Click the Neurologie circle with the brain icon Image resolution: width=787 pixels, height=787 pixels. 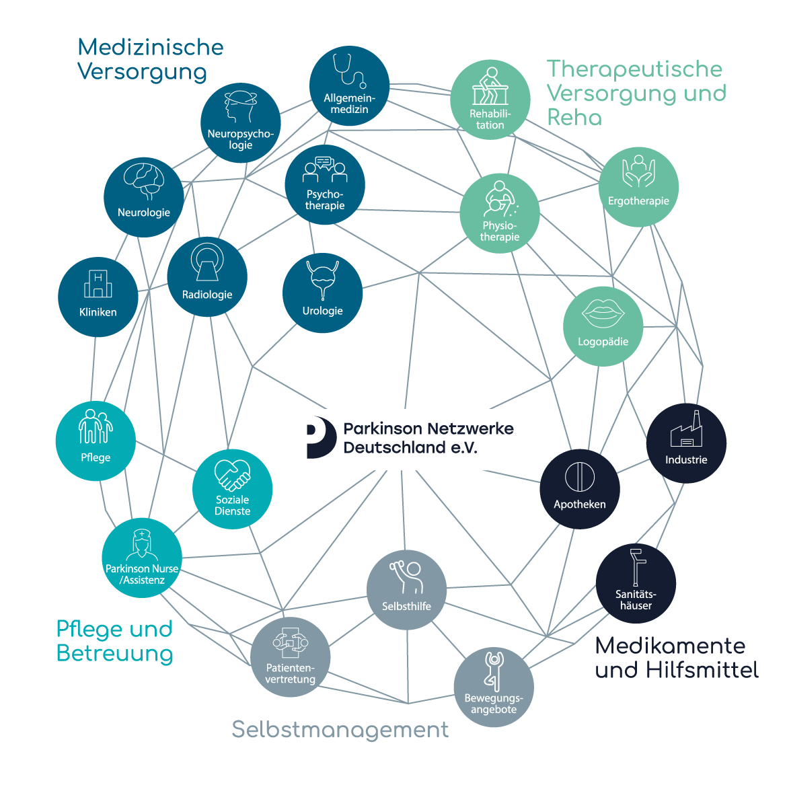click(143, 197)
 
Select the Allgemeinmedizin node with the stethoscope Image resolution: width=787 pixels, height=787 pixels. click(349, 85)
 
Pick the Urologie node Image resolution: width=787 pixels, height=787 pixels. click(323, 293)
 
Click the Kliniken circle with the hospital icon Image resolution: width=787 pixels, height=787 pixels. click(98, 296)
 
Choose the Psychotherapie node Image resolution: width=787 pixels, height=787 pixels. click(325, 184)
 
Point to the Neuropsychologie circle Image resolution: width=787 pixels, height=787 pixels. click(240, 123)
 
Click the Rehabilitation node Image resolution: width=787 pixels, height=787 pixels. click(490, 100)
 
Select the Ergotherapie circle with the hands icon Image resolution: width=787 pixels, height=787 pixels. click(638, 186)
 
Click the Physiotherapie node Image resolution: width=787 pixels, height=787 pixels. click(500, 213)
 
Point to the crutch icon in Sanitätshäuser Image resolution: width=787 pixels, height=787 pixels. click(636, 568)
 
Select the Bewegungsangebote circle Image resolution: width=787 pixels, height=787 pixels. click(494, 687)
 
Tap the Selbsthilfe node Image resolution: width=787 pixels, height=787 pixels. click(406, 590)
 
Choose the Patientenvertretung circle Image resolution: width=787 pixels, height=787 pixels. click(291, 657)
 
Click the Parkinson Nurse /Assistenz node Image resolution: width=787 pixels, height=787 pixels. click(142, 558)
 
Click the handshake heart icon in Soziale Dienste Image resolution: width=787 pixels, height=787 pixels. click(232, 476)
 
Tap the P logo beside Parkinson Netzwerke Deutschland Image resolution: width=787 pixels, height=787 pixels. click(321, 438)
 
